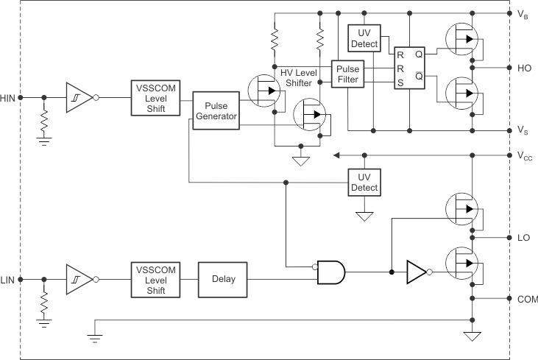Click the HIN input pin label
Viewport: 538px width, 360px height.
click(8, 97)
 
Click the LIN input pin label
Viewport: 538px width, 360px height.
click(8, 280)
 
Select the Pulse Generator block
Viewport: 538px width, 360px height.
click(216, 110)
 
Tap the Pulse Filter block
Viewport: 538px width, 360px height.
click(347, 74)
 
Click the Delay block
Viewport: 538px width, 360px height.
click(224, 280)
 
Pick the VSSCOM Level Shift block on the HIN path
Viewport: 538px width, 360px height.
click(156, 97)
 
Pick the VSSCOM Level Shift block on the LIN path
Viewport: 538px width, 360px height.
click(156, 280)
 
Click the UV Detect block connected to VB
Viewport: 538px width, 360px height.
click(364, 38)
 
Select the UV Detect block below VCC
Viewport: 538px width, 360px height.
click(364, 182)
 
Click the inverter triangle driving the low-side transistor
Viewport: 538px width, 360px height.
click(416, 272)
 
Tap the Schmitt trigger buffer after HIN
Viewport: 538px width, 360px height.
click(78, 97)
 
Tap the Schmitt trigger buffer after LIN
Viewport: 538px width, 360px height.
click(78, 280)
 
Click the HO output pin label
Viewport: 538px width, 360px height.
click(525, 68)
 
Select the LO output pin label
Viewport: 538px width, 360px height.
click(524, 238)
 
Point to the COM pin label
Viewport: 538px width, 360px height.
click(528, 299)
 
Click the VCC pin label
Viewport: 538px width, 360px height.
click(525, 156)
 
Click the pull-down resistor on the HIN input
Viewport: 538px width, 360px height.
click(45, 120)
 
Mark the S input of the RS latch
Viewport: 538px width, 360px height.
click(400, 82)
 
